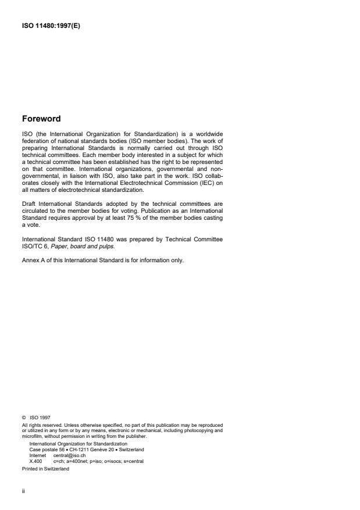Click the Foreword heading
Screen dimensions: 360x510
(41, 119)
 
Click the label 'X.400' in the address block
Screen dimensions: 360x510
(35, 461)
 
